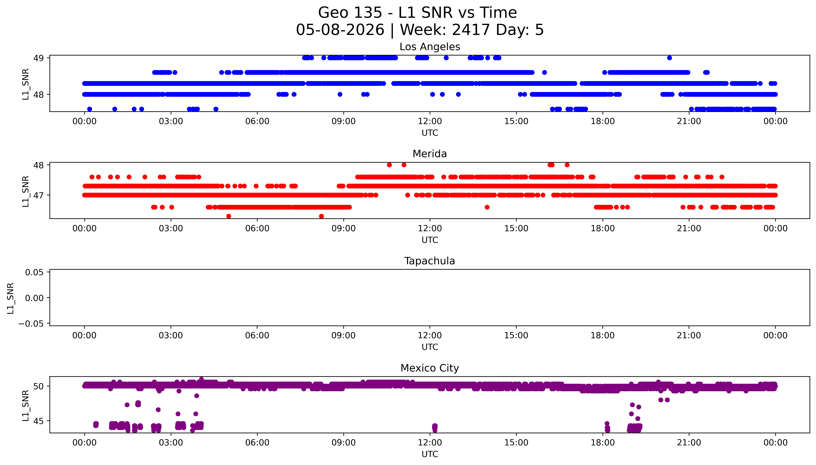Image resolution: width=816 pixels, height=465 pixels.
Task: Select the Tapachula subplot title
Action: coord(430,261)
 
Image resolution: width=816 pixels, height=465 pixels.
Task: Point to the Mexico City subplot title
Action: coord(430,368)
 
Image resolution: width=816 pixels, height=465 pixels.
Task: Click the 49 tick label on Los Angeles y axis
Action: coord(39,58)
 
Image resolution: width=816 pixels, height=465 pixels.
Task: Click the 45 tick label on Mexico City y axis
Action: coord(39,421)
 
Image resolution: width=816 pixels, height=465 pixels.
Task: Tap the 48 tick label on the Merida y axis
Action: coord(39,165)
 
